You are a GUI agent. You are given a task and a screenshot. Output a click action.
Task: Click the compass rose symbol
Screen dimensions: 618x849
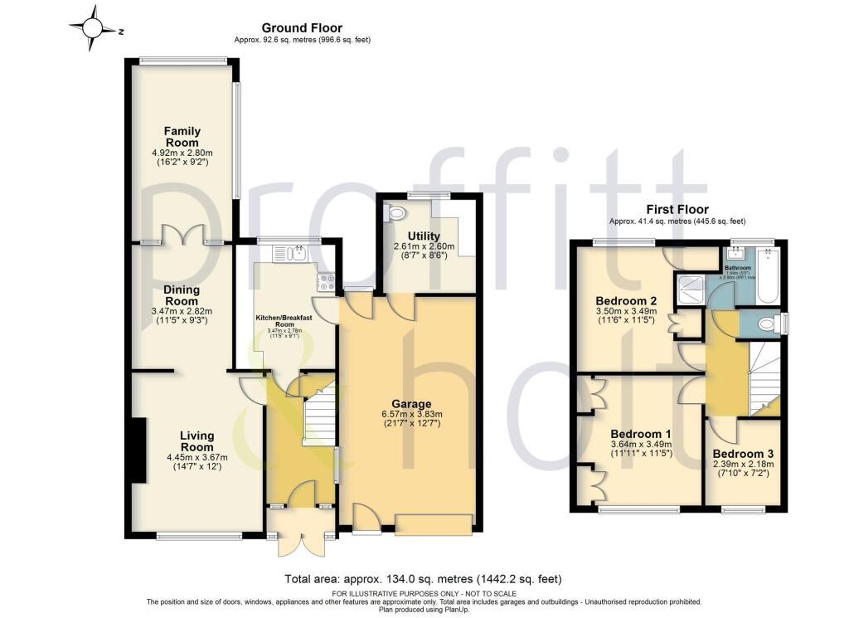pos(94,29)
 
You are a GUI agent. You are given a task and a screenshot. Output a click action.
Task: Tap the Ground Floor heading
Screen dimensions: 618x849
pos(302,28)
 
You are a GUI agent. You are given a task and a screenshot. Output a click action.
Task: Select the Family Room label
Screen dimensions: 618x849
pos(182,137)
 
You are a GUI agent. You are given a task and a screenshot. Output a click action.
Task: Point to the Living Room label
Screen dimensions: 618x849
pos(196,441)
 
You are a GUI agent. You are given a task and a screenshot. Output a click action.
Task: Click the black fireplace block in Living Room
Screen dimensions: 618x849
pos(138,449)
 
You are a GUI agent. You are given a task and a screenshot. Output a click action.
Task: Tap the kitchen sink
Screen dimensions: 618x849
pos(298,252)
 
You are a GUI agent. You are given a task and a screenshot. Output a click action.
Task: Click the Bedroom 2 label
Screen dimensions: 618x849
pos(626,300)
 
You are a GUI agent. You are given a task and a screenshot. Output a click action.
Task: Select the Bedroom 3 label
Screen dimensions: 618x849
pos(742,455)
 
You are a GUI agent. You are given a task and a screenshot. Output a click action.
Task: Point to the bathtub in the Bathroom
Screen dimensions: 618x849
pos(766,278)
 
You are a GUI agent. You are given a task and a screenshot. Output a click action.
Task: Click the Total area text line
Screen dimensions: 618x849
pos(424,578)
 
